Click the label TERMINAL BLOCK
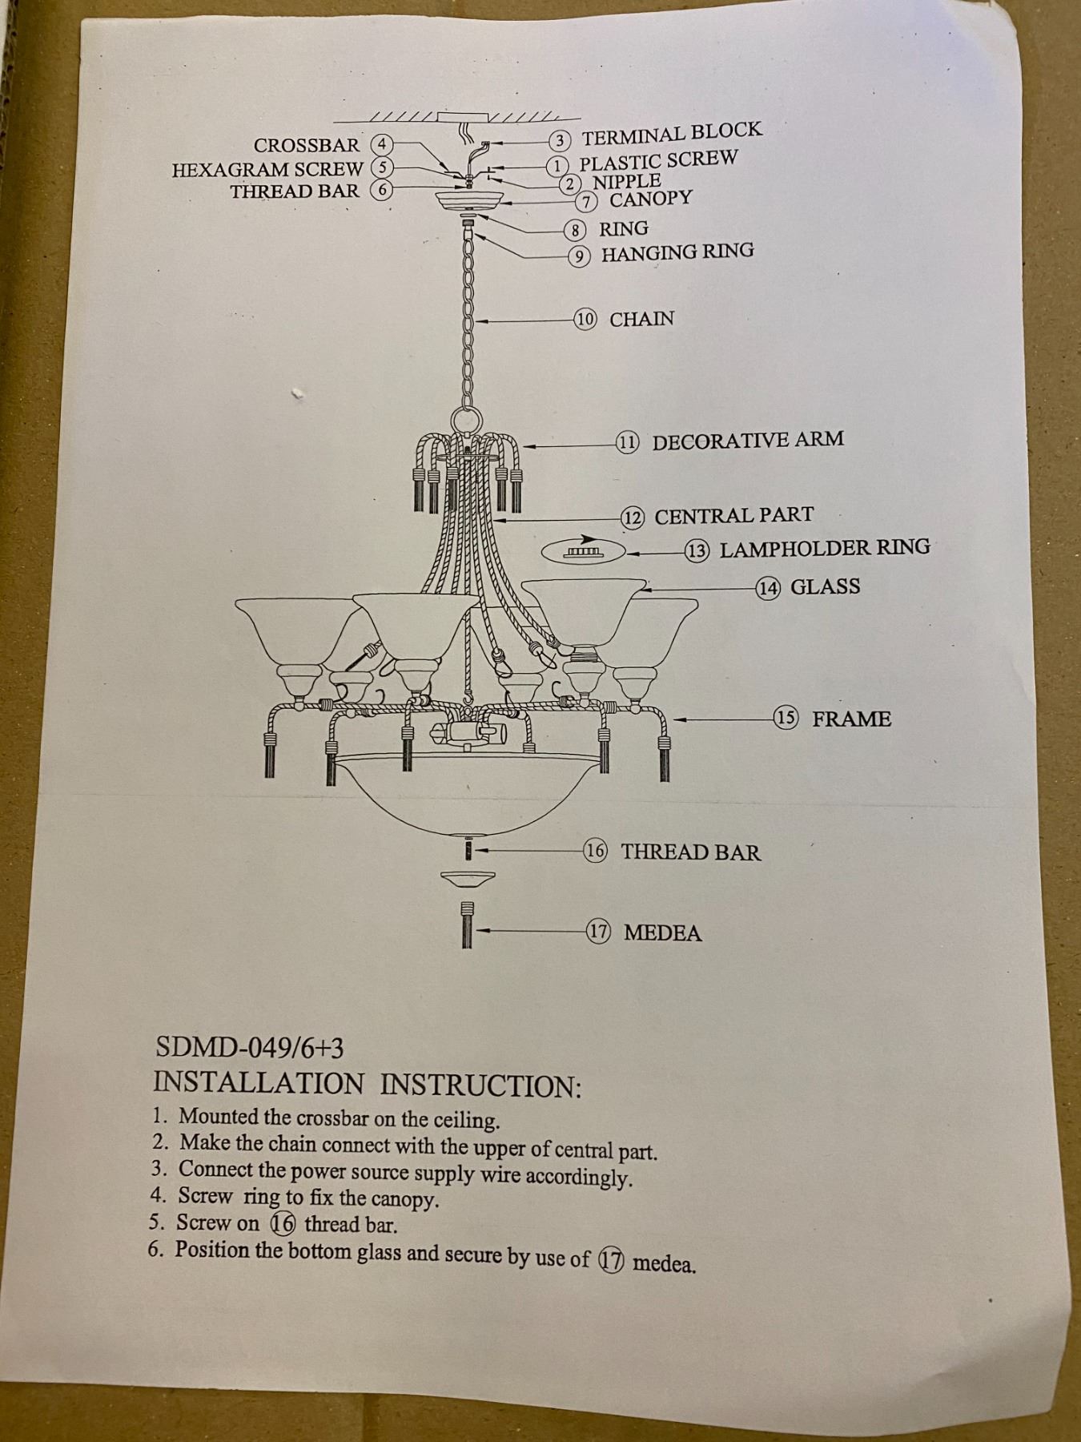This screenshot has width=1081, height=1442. click(x=671, y=134)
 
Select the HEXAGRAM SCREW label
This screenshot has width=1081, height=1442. click(x=267, y=170)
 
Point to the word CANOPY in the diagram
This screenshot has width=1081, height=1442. click(x=650, y=199)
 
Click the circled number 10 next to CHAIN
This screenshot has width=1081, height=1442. click(x=585, y=319)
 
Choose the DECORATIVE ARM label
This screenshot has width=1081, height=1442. click(x=747, y=441)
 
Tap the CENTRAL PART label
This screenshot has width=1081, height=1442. click(x=733, y=516)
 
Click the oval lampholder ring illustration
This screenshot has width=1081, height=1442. click(x=584, y=552)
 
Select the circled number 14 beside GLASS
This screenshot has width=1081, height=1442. click(x=768, y=588)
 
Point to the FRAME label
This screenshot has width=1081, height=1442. click(x=851, y=719)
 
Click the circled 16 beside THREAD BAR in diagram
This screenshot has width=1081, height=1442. click(x=595, y=851)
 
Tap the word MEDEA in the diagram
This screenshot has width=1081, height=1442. click(x=662, y=932)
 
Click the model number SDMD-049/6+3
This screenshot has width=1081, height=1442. click(x=250, y=1047)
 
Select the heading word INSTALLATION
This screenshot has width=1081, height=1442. click(x=258, y=1083)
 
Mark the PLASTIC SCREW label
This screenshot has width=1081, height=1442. click(x=657, y=160)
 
